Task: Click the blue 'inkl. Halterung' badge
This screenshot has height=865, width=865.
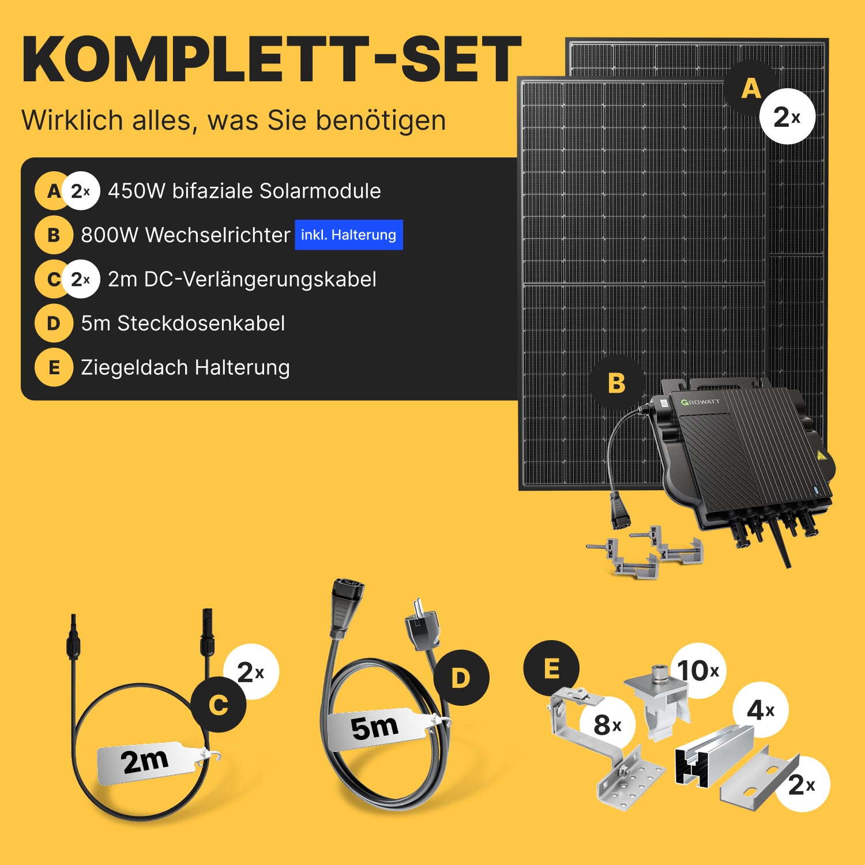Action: (349, 235)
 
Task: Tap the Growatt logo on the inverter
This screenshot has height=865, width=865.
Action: (700, 402)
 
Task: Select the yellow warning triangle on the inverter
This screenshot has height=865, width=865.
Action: (821, 456)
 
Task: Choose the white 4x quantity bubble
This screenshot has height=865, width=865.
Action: (761, 710)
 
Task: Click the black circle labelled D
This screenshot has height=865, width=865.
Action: (461, 678)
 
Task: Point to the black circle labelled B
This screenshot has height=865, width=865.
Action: (616, 383)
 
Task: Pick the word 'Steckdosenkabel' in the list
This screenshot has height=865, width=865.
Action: (201, 324)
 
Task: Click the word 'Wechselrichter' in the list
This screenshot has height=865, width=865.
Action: (217, 235)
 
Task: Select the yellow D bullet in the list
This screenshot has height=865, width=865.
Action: (54, 324)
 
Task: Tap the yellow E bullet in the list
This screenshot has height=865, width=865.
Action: (54, 367)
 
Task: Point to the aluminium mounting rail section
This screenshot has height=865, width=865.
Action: (714, 755)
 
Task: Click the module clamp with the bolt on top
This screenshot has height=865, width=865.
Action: (657, 701)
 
